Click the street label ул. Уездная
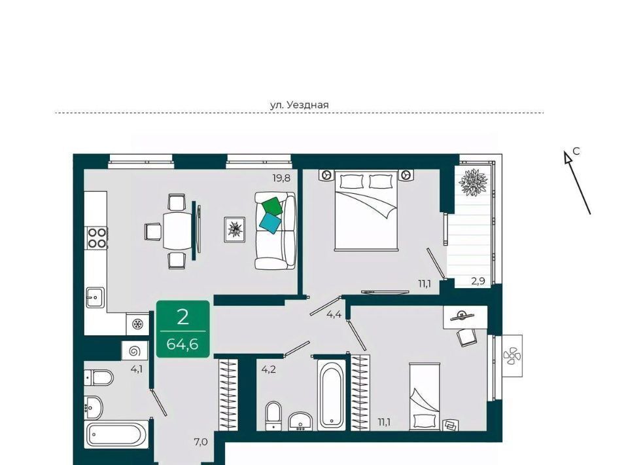299,105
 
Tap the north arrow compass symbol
577,182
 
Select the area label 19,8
281,178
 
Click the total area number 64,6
183,344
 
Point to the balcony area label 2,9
478,281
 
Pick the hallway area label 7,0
201,442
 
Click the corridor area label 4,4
334,314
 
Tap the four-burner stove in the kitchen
97,238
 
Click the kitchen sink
95,297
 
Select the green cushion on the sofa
272,205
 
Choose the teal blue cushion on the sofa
270,223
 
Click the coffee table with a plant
235,229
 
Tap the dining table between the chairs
178,231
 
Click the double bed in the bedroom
366,210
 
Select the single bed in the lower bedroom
425,396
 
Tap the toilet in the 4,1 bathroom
99,377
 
